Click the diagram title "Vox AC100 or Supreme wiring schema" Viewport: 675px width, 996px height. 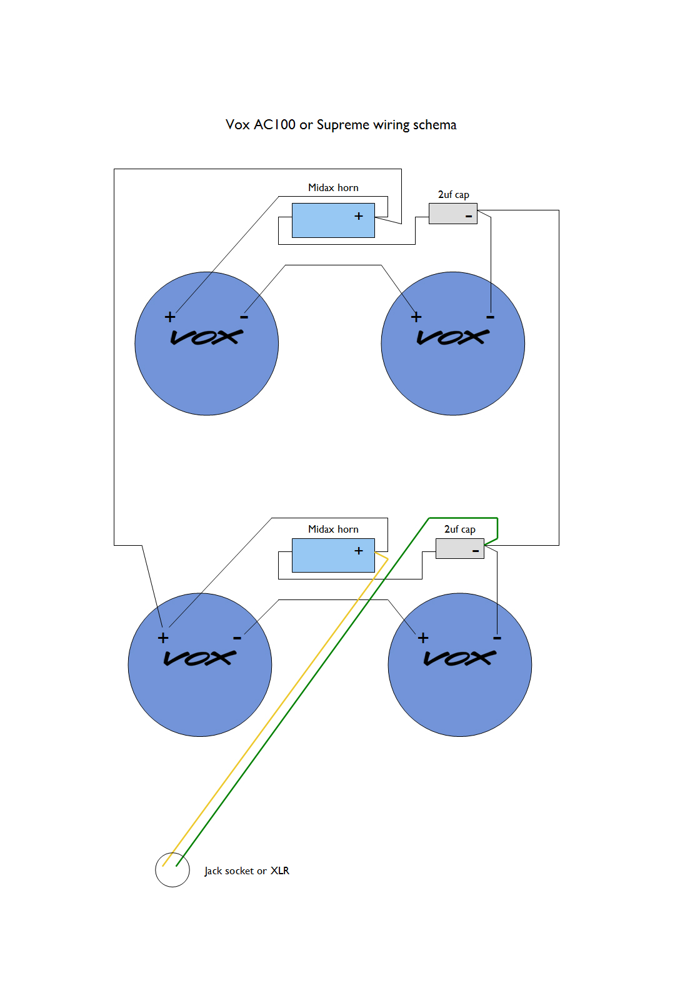click(x=341, y=125)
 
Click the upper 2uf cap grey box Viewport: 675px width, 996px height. click(x=452, y=214)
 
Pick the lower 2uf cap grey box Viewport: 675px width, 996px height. click(x=459, y=548)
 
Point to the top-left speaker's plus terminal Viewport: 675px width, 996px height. click(x=170, y=317)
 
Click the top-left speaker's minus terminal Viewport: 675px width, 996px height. click(x=244, y=317)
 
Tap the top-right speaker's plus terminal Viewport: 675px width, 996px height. click(x=416, y=317)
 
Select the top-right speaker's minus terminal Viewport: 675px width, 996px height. click(x=491, y=317)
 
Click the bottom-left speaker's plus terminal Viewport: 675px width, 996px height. click(x=163, y=638)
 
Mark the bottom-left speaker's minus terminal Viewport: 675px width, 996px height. click(x=237, y=638)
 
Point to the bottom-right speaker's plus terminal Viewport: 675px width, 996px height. click(x=423, y=638)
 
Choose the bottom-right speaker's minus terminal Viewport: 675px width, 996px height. click(x=497, y=638)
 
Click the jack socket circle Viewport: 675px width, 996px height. click(x=172, y=869)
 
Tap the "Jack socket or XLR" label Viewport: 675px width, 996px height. click(x=247, y=870)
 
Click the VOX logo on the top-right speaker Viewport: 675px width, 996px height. click(x=453, y=337)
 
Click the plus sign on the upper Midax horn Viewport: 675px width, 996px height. click(x=359, y=216)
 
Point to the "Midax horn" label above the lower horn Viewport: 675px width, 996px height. click(x=333, y=529)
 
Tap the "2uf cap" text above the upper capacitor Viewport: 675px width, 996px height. click(x=453, y=195)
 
